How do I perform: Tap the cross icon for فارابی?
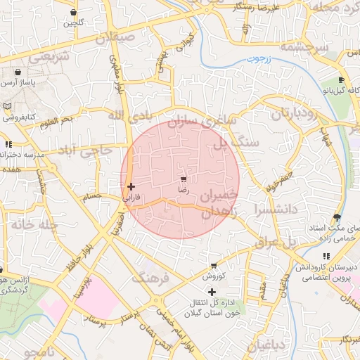(131, 186)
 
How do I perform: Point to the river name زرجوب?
(262, 60)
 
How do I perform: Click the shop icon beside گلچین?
(75, 13)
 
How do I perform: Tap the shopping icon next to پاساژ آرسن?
(17, 72)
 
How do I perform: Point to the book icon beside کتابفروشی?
(7, 106)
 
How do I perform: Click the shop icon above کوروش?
(214, 266)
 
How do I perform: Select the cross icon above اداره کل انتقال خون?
(212, 291)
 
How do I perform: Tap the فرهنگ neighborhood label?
(151, 278)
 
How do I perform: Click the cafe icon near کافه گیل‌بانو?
(341, 80)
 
